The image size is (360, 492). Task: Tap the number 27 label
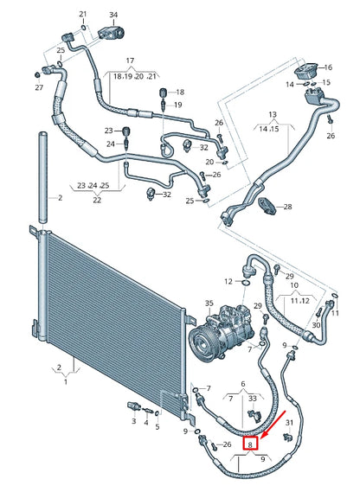(39, 88)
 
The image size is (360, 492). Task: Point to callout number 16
(328, 67)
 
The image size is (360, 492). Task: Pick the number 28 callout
(288, 207)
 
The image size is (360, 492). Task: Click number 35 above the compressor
(209, 303)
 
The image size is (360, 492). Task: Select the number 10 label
(293, 285)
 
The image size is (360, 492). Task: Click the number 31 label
(289, 422)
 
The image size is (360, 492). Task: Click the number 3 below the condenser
(134, 421)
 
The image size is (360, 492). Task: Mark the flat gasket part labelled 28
(270, 207)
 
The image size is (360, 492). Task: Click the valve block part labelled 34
(112, 32)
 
